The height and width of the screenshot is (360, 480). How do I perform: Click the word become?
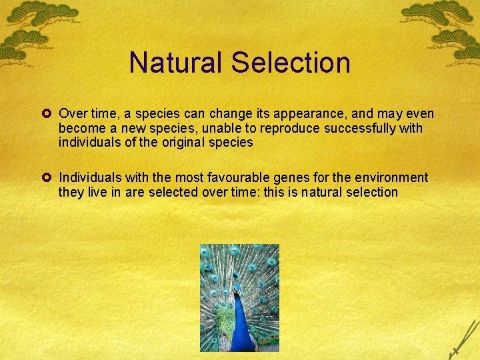pyautogui.click(x=80, y=128)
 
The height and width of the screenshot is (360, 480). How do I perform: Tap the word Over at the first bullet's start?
pyautogui.click(x=72, y=114)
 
